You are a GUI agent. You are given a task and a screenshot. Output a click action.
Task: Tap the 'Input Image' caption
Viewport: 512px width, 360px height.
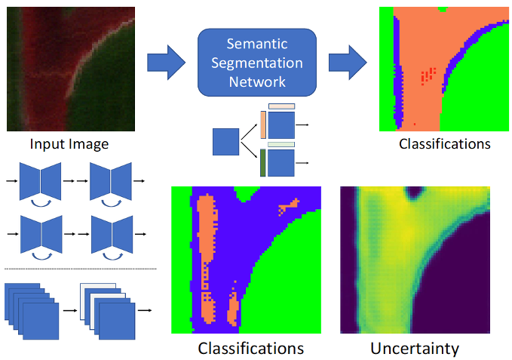click(x=69, y=143)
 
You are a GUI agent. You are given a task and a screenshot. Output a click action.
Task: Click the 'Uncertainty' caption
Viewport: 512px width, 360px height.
click(x=415, y=349)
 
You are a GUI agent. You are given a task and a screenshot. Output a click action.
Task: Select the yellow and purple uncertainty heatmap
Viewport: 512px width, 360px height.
click(x=415, y=260)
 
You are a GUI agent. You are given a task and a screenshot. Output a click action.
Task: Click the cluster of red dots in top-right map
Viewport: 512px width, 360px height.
click(x=428, y=75)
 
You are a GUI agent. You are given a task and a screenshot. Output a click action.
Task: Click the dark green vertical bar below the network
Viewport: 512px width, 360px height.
click(x=262, y=163)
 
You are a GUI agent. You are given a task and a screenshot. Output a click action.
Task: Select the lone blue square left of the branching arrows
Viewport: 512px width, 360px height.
click(x=225, y=141)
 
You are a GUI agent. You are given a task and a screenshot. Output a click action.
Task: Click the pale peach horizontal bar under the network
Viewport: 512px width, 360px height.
click(x=281, y=107)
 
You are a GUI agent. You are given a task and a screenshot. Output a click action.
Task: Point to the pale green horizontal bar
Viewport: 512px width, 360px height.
click(x=281, y=144)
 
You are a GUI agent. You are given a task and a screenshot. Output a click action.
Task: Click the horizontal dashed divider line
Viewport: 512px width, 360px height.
click(x=80, y=269)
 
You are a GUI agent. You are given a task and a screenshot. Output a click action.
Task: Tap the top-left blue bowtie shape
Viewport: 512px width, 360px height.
click(x=41, y=181)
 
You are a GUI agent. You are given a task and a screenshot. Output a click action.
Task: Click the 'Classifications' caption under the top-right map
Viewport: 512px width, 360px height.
click(x=445, y=143)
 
